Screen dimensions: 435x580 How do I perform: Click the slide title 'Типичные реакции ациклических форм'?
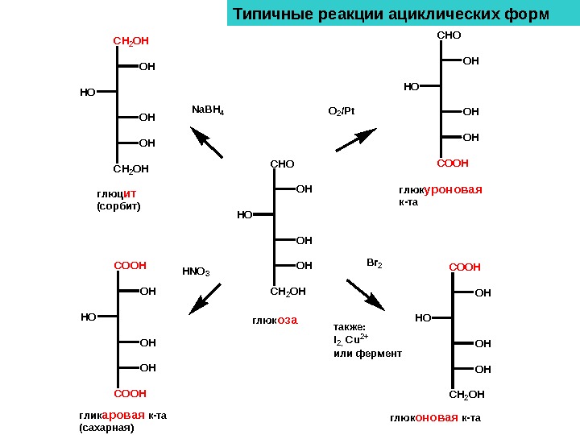[x=391, y=15]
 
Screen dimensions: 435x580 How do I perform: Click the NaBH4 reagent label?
[x=207, y=110]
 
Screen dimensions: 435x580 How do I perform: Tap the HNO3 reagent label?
[x=196, y=271]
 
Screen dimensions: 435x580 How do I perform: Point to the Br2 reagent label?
[x=375, y=263]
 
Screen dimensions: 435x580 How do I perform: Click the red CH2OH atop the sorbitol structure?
[x=130, y=39]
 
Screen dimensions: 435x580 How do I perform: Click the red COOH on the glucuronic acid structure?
[x=453, y=163]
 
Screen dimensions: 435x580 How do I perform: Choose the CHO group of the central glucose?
[x=282, y=164]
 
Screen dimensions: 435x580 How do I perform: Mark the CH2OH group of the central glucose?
[x=288, y=291]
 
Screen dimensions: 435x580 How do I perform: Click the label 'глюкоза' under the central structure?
[x=275, y=320]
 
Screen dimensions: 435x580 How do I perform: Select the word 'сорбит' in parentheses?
[x=118, y=206]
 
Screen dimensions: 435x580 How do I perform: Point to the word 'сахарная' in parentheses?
[x=106, y=427]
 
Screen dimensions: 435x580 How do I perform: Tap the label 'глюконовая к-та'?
[x=435, y=418]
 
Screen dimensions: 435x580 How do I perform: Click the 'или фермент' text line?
[x=367, y=354]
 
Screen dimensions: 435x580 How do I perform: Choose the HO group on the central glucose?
[x=244, y=215]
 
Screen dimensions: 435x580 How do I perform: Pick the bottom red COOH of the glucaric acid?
[x=130, y=394]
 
